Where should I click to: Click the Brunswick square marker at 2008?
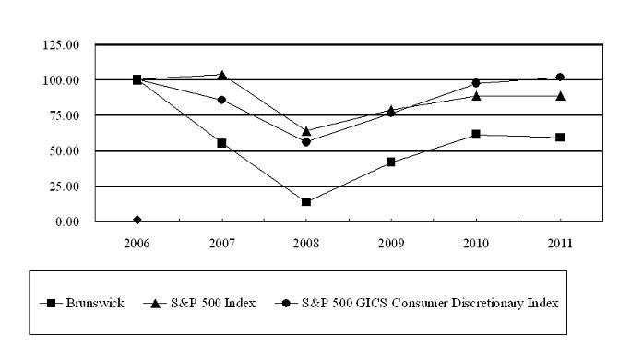[x=306, y=201]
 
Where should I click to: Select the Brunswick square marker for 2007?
[x=221, y=143]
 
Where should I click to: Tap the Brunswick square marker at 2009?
[x=391, y=162]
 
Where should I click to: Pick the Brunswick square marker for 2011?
[x=560, y=138]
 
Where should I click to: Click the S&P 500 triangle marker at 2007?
[x=221, y=75]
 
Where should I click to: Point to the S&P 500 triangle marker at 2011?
[x=560, y=95]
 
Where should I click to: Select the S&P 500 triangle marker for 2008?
[x=306, y=131]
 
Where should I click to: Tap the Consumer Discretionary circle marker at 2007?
[x=221, y=100]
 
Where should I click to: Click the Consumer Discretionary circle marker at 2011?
[x=560, y=77]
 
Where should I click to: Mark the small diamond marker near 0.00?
[x=137, y=220]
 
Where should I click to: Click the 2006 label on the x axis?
[x=137, y=244]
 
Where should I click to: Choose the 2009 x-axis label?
[x=391, y=244]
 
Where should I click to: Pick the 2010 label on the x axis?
[x=476, y=244]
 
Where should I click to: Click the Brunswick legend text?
[x=102, y=302]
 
